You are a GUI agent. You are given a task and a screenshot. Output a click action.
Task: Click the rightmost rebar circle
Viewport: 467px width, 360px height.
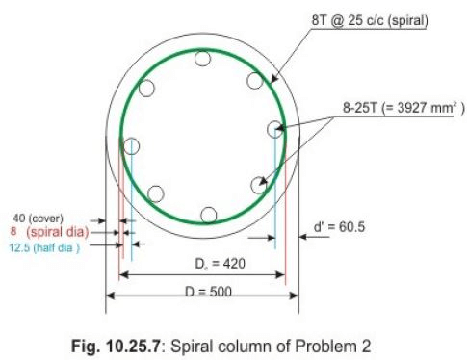[276, 128]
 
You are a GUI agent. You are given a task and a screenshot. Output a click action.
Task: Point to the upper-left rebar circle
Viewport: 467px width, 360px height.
[146, 90]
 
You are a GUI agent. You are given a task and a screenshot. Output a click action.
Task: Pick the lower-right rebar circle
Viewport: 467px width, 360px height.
[258, 185]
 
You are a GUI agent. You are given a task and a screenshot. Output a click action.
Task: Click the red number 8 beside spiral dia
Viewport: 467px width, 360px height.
[13, 232]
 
